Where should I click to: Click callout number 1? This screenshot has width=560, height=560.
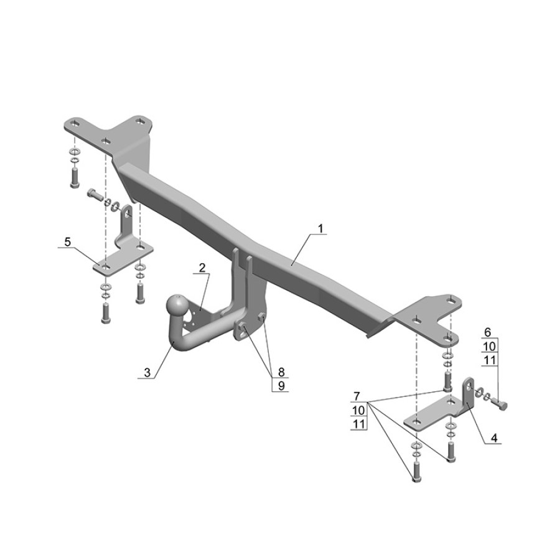[x=320, y=228]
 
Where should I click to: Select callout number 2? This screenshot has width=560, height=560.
[x=202, y=268]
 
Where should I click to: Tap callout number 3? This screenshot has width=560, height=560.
[x=147, y=372]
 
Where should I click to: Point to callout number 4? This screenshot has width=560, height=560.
[x=494, y=437]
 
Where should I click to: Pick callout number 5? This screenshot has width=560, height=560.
[x=67, y=242]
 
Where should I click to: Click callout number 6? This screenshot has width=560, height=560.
[x=488, y=332]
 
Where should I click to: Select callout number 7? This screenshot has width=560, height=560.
[x=357, y=396]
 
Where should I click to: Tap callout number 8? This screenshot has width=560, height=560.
[x=281, y=372]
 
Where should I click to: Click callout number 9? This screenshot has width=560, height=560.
[x=281, y=386]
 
